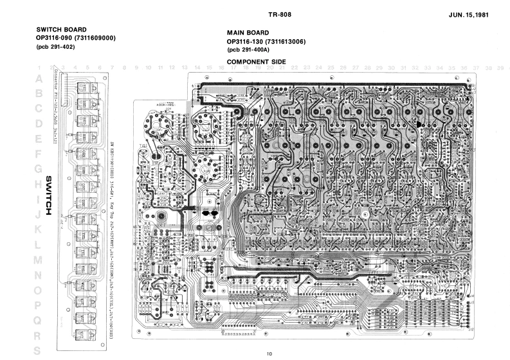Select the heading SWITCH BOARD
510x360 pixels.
(x=62, y=30)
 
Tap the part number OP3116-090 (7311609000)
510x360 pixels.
(x=77, y=38)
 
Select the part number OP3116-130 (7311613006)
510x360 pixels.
(x=266, y=42)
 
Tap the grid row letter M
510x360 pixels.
(x=40, y=260)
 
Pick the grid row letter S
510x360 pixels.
(x=40, y=350)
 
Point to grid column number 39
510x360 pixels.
(x=499, y=67)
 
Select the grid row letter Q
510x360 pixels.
(x=40, y=319)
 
